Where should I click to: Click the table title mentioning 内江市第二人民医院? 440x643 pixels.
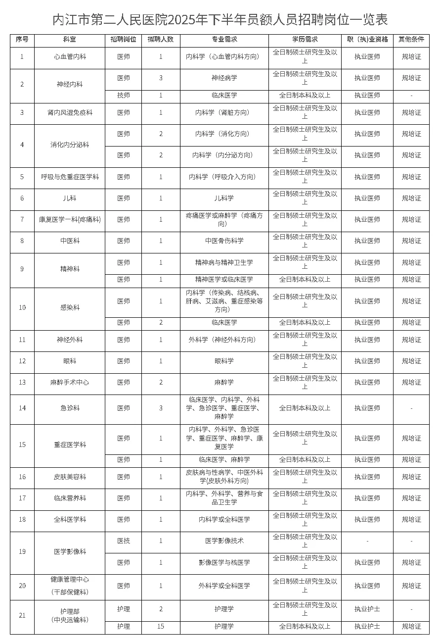click(x=220, y=19)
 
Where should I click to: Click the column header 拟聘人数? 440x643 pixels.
click(x=161, y=40)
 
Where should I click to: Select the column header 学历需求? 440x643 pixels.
click(x=305, y=40)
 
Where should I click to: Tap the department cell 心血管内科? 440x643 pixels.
click(x=70, y=57)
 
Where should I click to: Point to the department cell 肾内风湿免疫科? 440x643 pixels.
click(x=70, y=113)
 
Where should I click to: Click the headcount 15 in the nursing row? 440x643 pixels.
click(x=161, y=627)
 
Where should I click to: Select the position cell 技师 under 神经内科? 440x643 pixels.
click(x=124, y=96)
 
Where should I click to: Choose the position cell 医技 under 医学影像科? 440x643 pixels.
click(x=124, y=541)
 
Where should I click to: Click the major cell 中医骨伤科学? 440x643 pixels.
click(x=224, y=241)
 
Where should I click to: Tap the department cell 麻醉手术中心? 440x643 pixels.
click(x=70, y=383)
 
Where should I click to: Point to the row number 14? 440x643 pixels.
click(x=22, y=408)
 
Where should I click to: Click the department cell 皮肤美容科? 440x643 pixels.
click(x=70, y=477)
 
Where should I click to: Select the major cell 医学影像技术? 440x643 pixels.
click(x=224, y=541)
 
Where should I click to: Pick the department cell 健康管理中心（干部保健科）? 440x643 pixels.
click(x=70, y=586)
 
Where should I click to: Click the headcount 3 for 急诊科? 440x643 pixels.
click(x=161, y=408)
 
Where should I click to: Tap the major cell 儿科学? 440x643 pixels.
click(x=224, y=198)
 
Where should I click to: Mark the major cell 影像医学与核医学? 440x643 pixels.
click(x=224, y=563)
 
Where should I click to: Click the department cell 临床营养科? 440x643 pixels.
click(x=70, y=498)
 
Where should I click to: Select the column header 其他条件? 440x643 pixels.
click(x=411, y=40)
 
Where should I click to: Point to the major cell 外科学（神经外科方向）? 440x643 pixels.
click(x=224, y=340)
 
